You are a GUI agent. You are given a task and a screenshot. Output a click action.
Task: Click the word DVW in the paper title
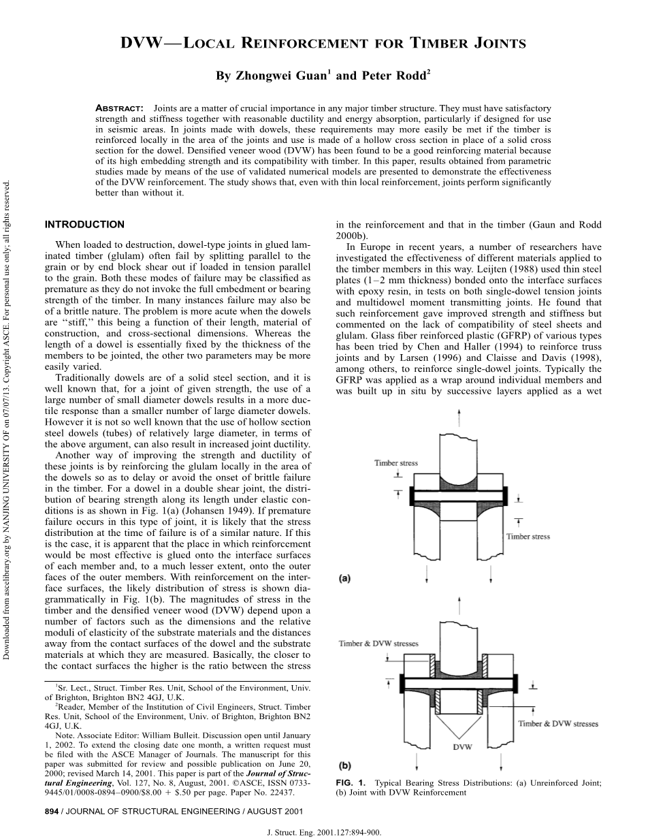[x=140, y=44]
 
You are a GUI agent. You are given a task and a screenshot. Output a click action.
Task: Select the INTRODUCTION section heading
[x=84, y=225]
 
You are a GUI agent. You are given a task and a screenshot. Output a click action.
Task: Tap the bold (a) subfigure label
[x=345, y=579]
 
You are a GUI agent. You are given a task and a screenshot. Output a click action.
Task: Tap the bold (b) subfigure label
[x=345, y=765]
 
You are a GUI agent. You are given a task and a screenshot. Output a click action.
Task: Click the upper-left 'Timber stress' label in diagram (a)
[x=395, y=463]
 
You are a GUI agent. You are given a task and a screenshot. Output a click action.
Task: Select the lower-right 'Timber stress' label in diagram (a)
[x=528, y=537]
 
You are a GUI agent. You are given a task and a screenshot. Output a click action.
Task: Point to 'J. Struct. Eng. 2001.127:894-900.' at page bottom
[x=323, y=832]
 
